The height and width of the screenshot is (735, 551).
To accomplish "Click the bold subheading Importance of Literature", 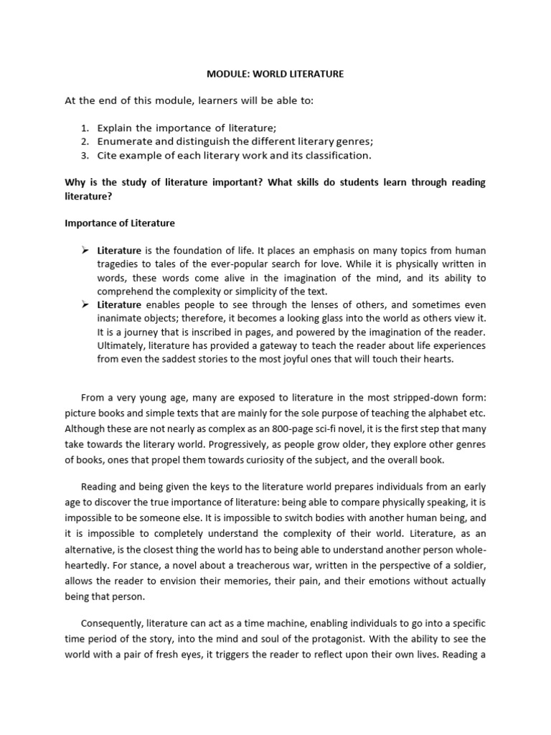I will click(x=119, y=223).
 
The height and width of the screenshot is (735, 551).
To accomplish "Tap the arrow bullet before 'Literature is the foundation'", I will click(x=84, y=250).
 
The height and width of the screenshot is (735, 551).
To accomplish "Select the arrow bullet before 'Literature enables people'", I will click(x=84, y=304).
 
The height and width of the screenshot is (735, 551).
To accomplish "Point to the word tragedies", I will click(x=118, y=264).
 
